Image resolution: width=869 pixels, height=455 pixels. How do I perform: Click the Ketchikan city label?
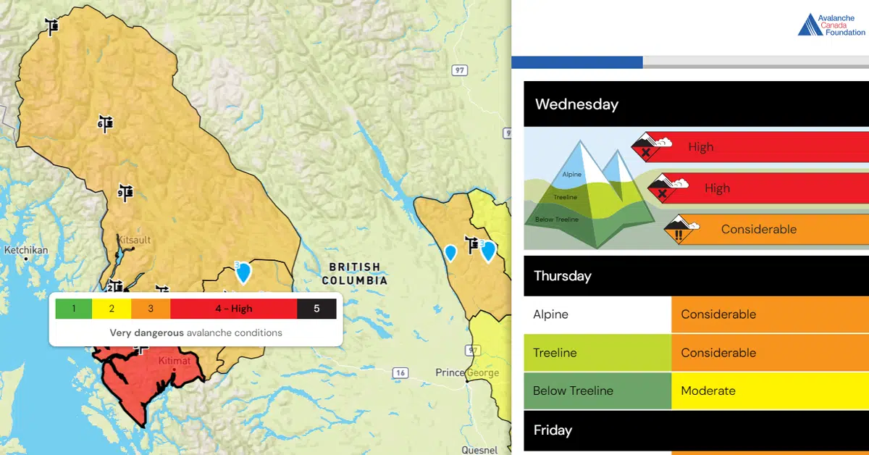26,250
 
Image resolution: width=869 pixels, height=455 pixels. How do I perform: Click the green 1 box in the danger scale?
74,309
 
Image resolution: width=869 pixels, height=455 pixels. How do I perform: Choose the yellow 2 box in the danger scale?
112,309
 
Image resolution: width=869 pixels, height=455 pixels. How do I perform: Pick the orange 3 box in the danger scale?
151,309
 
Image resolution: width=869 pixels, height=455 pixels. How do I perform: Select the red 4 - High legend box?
233,309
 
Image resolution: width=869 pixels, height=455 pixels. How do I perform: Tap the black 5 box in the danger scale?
316,309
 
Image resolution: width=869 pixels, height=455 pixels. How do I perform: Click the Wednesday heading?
576,104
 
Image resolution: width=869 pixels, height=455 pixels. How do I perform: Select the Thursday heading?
563,276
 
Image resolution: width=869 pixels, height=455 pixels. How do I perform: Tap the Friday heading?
553,430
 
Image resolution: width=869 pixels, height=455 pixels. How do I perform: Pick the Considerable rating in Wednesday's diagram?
759,229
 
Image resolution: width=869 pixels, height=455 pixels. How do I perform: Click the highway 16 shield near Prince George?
400,373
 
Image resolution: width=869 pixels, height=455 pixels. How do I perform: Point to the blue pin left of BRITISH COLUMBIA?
243,272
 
